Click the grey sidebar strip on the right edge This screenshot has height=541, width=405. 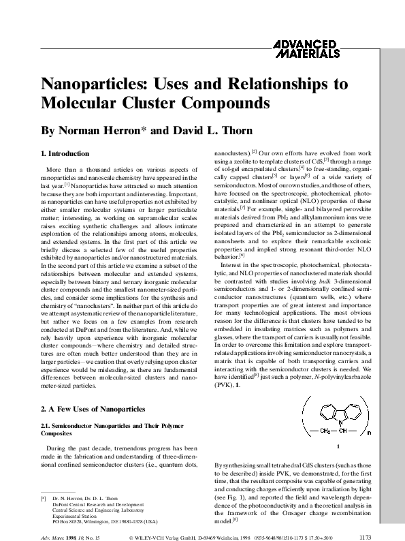(x=393, y=273)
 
